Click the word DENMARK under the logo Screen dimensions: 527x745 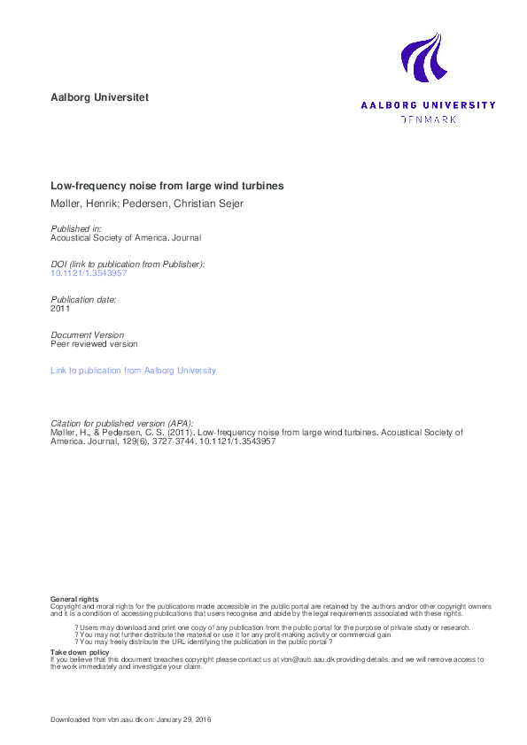429,119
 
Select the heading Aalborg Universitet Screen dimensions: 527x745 100,97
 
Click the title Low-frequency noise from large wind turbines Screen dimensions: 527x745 167,187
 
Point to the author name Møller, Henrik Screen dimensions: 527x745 81,205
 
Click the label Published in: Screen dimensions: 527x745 76,228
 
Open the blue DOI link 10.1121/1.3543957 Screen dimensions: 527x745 89,273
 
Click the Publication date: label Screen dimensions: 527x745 83,300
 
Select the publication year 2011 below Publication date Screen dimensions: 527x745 60,309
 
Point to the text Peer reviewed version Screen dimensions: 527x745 94,343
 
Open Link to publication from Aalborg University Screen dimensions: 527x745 133,371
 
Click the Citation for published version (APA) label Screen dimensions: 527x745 122,423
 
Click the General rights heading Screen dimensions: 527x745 74,599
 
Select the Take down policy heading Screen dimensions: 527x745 80,652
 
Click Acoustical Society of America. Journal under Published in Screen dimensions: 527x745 126,237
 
